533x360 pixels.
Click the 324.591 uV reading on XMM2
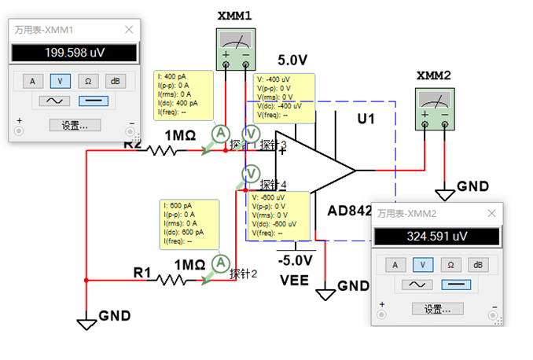(x=436, y=236)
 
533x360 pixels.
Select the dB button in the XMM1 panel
(x=114, y=80)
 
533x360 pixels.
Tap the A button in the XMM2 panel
(x=395, y=264)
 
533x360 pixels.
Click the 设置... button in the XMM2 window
(x=437, y=309)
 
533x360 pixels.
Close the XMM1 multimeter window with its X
(x=129, y=30)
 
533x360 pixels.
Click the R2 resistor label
(x=133, y=143)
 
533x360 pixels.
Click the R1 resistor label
(x=142, y=273)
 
